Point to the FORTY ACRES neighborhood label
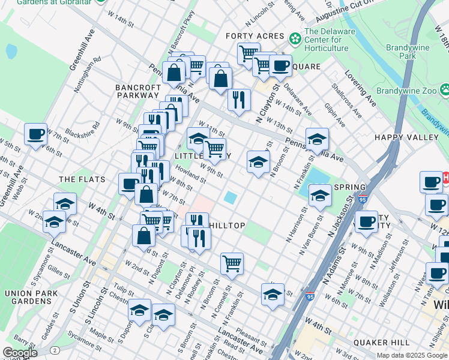[x=255, y=36]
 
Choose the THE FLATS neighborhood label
[x=82, y=179]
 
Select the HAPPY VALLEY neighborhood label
[x=406, y=137]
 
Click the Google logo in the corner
[x=20, y=353]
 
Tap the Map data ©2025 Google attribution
[x=412, y=355]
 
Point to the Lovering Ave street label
[x=360, y=88]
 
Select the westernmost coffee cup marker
[x=36, y=134]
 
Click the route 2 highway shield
[x=55, y=350]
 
